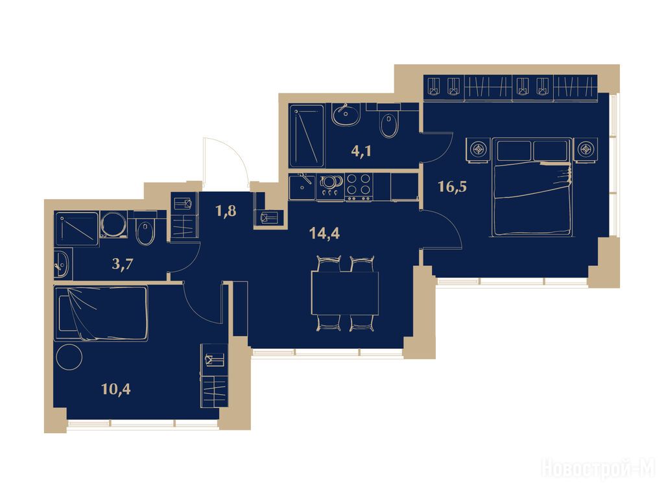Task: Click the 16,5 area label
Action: point(452,186)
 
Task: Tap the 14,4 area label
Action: point(324,233)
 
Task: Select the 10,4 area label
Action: point(116,388)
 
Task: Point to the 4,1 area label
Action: point(361,150)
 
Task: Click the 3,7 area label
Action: point(123,265)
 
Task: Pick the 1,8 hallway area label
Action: point(226,211)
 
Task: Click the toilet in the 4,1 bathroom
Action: point(389,123)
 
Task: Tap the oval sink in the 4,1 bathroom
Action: point(346,114)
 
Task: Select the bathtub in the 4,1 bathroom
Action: point(307,136)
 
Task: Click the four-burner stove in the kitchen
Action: point(359,187)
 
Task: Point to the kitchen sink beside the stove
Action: point(302,187)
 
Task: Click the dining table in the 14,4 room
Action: point(345,293)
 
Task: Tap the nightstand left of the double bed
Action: point(479,150)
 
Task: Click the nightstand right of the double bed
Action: point(586,150)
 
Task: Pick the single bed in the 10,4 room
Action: point(101,313)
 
